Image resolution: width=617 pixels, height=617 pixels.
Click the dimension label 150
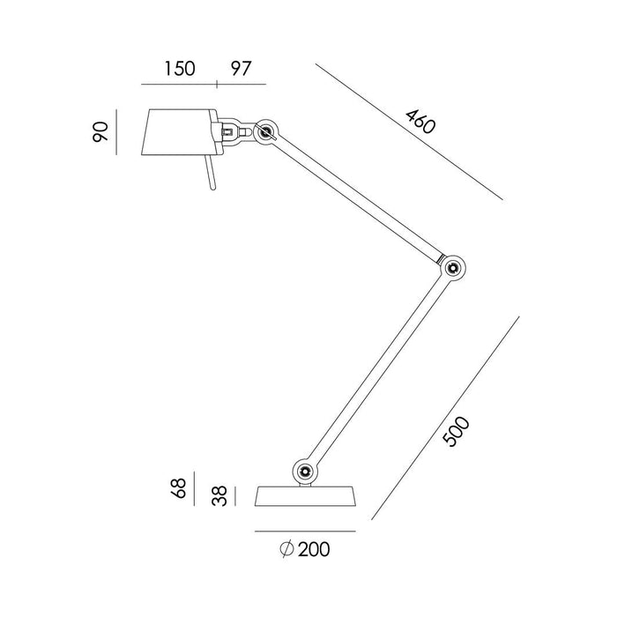(x=179, y=68)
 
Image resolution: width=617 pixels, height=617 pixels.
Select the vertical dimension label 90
(x=101, y=133)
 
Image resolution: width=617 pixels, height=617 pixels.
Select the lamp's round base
(x=305, y=496)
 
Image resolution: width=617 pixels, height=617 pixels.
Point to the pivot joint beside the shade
(x=265, y=133)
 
